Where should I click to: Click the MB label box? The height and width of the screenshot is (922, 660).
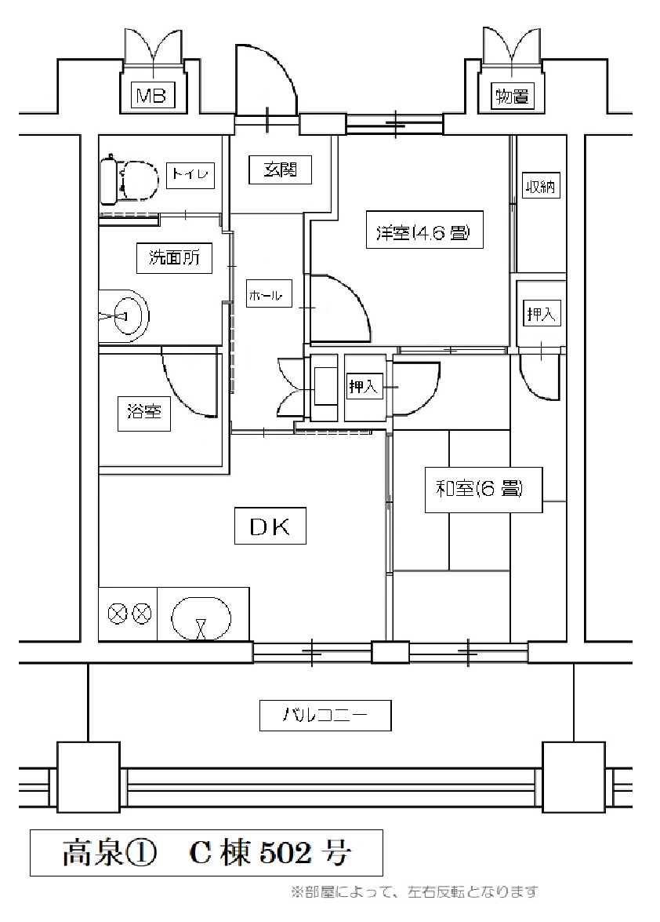point(152,95)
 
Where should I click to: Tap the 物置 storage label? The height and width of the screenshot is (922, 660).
point(513,96)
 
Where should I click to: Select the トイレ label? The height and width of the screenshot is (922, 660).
point(190,175)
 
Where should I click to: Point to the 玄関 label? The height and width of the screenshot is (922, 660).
point(280,170)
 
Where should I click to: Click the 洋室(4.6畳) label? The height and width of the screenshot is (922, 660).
point(424,229)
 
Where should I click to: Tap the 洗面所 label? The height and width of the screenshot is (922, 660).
point(174,257)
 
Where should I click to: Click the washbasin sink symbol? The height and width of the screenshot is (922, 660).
point(125,315)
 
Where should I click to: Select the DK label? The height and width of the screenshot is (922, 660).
point(270,526)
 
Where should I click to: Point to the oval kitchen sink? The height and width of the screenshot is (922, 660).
point(201,618)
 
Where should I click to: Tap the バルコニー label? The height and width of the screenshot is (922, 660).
point(325,716)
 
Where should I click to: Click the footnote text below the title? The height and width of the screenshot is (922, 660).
point(414,892)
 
